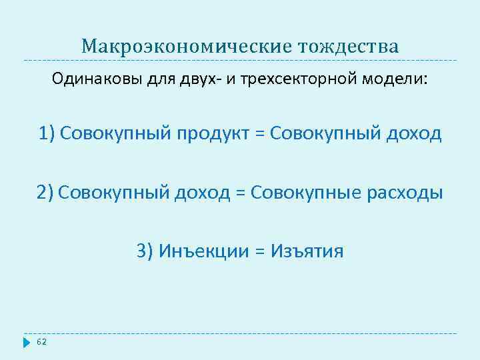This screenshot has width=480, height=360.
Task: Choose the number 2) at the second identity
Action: tap(45, 193)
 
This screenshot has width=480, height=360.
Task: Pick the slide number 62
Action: tap(41, 342)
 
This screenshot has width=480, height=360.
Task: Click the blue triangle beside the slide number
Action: tap(27, 343)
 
